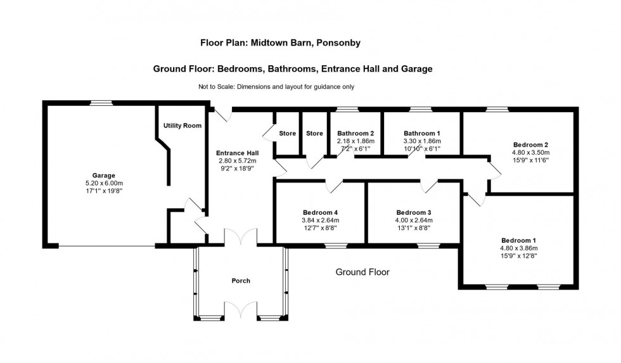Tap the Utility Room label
tap(182, 126)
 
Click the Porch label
tap(241, 281)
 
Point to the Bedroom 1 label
tap(519, 241)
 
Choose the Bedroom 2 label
tap(530, 144)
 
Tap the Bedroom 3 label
tap(414, 212)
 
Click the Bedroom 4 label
tap(320, 212)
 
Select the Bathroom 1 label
tap(421, 133)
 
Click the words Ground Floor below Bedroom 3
tap(362, 272)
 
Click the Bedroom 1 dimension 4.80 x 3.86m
tap(519, 248)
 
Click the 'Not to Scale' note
tap(276, 87)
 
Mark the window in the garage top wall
tap(100, 103)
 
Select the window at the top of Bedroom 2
tap(497, 110)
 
